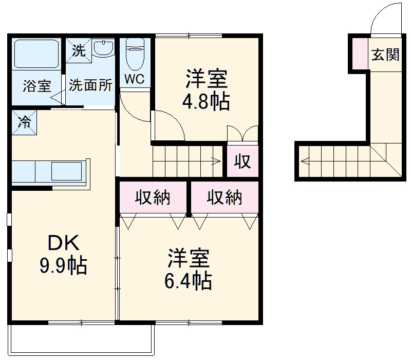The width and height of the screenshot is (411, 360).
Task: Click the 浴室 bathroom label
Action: pos(36,86)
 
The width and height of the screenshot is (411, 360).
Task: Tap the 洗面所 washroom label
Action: pos(90,85)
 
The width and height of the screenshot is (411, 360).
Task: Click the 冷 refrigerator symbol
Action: pos(24,122)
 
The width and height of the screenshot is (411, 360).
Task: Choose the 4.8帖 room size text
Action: pos(206,102)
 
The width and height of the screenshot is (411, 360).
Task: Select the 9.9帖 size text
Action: pos(63,265)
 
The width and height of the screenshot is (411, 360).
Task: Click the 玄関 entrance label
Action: pos(385,54)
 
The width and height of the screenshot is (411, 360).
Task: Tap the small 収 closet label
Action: pos(242,162)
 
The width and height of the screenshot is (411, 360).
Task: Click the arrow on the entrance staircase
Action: pos(305,161)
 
